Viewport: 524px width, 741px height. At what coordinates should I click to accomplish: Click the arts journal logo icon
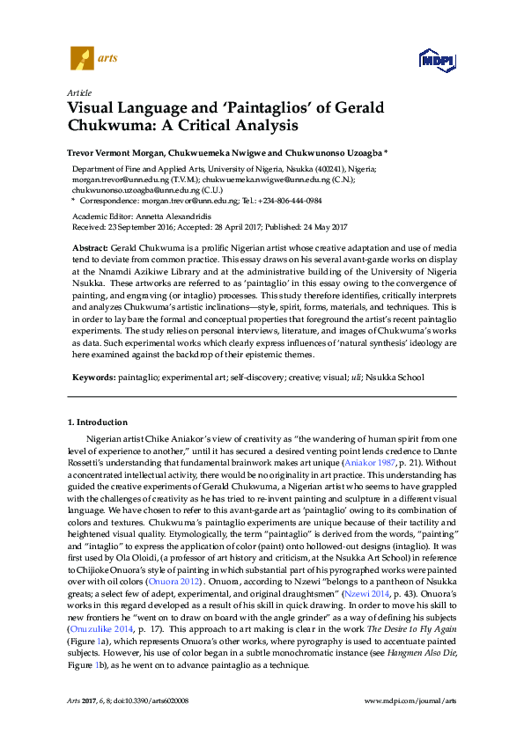pyautogui.click(x=81, y=60)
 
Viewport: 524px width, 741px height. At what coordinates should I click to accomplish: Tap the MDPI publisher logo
pyautogui.click(x=437, y=60)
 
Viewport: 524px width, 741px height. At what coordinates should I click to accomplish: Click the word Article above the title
pyautogui.click(x=78, y=92)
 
